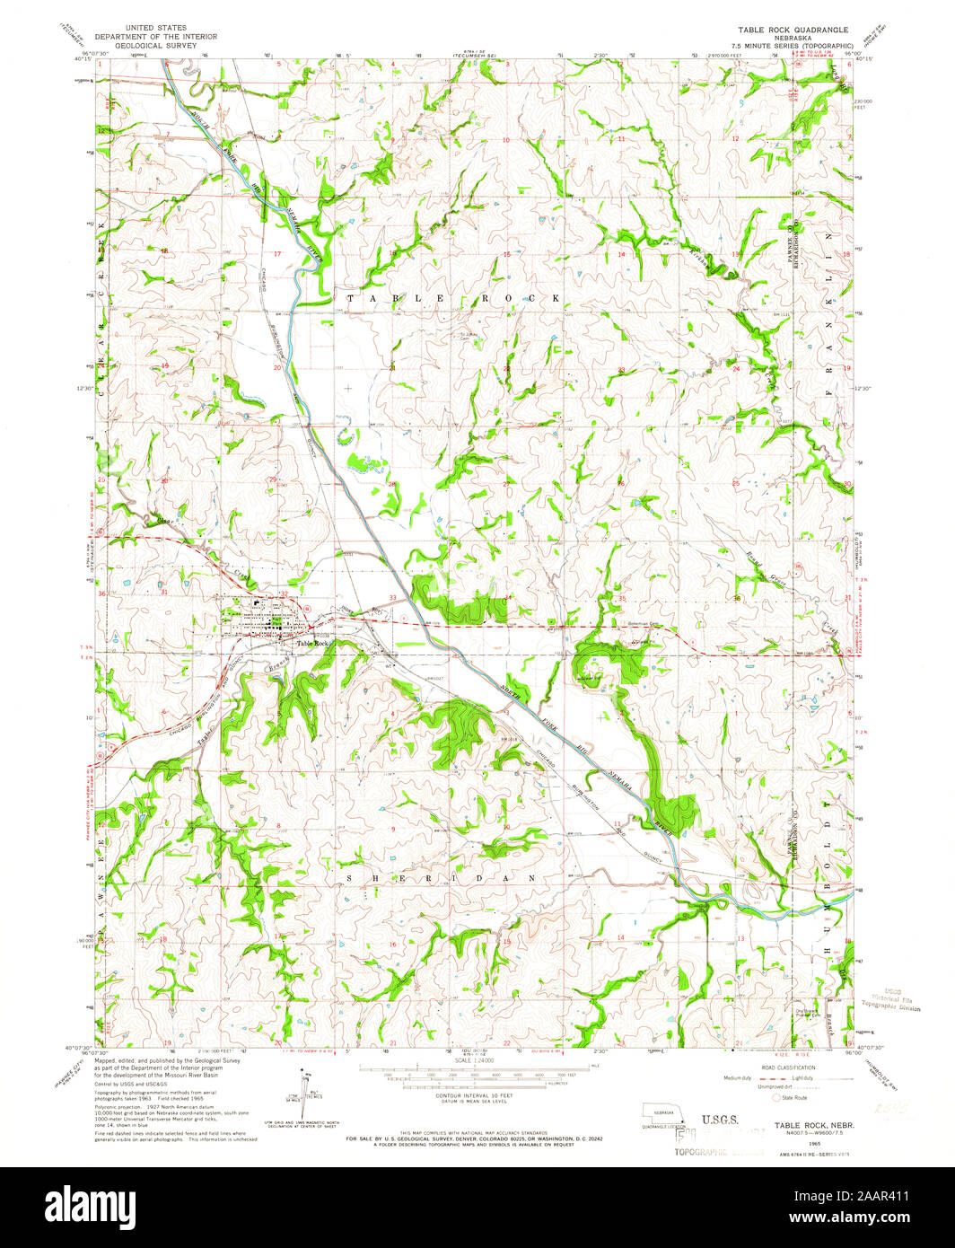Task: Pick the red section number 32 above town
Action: tap(284, 593)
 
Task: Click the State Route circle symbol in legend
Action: tap(777, 1096)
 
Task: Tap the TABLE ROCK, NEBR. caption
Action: tap(814, 1125)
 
